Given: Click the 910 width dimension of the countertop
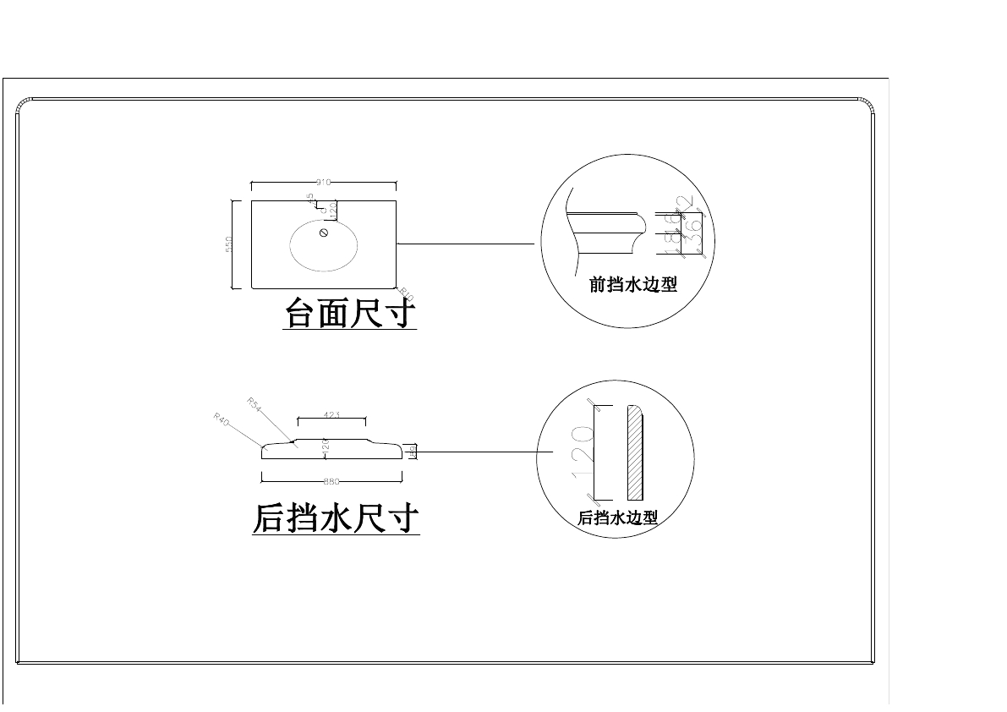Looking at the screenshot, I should click(x=322, y=182).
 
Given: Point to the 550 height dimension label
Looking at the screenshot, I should click(x=229, y=244).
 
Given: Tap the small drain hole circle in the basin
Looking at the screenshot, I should click(x=324, y=233).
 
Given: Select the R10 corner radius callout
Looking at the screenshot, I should click(x=407, y=293).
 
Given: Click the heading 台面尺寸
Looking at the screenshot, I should click(x=350, y=314).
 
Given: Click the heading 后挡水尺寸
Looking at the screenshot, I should click(x=336, y=518).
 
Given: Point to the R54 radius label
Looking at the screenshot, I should click(x=254, y=403).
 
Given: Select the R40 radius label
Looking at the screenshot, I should click(x=222, y=419).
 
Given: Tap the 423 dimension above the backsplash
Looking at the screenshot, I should click(x=331, y=414).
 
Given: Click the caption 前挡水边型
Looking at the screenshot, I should click(x=633, y=286).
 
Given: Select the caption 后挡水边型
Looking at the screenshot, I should click(x=617, y=518).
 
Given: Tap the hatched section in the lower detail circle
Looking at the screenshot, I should click(x=635, y=452).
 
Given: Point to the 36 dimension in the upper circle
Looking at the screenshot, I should click(x=692, y=235).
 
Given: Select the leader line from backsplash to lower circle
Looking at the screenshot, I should click(x=478, y=452).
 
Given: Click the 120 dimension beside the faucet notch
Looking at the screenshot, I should click(x=333, y=207).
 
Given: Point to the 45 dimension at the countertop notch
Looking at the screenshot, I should click(x=310, y=197).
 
